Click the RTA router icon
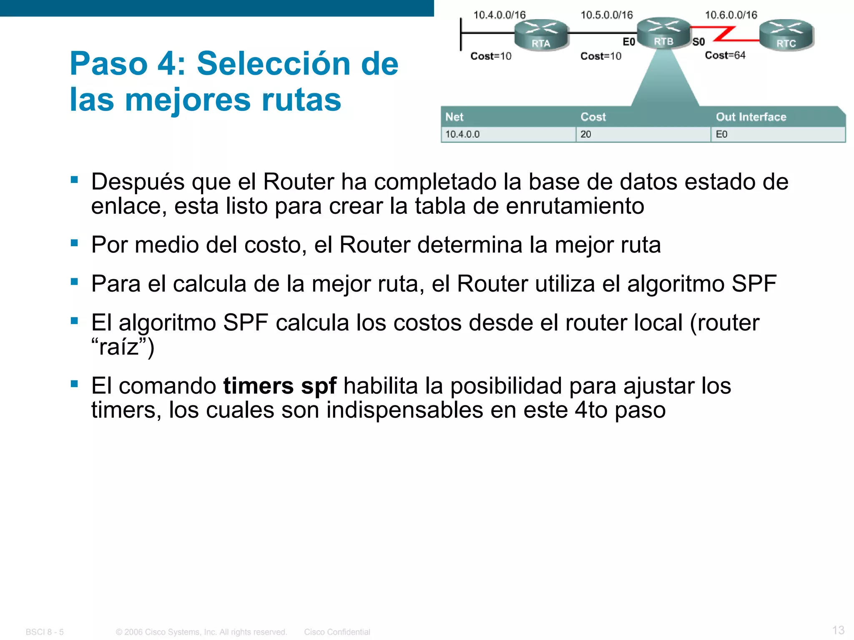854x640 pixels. [x=541, y=35]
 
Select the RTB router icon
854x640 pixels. [x=663, y=33]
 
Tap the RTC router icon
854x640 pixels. [x=786, y=35]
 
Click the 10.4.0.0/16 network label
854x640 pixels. [x=499, y=15]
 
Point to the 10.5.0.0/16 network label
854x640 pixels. [x=606, y=15]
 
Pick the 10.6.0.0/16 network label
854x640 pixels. [x=731, y=15]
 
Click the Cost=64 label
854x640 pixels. [x=725, y=55]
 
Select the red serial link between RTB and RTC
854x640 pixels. [x=725, y=34]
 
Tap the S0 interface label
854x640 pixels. [x=698, y=42]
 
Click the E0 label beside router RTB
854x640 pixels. [x=628, y=42]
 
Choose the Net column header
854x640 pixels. [x=454, y=117]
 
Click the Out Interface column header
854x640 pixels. [x=751, y=117]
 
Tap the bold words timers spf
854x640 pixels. [x=280, y=386]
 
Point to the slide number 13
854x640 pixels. [x=838, y=630]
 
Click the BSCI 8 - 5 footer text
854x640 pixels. [x=45, y=632]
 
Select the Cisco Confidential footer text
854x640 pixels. [x=337, y=632]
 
